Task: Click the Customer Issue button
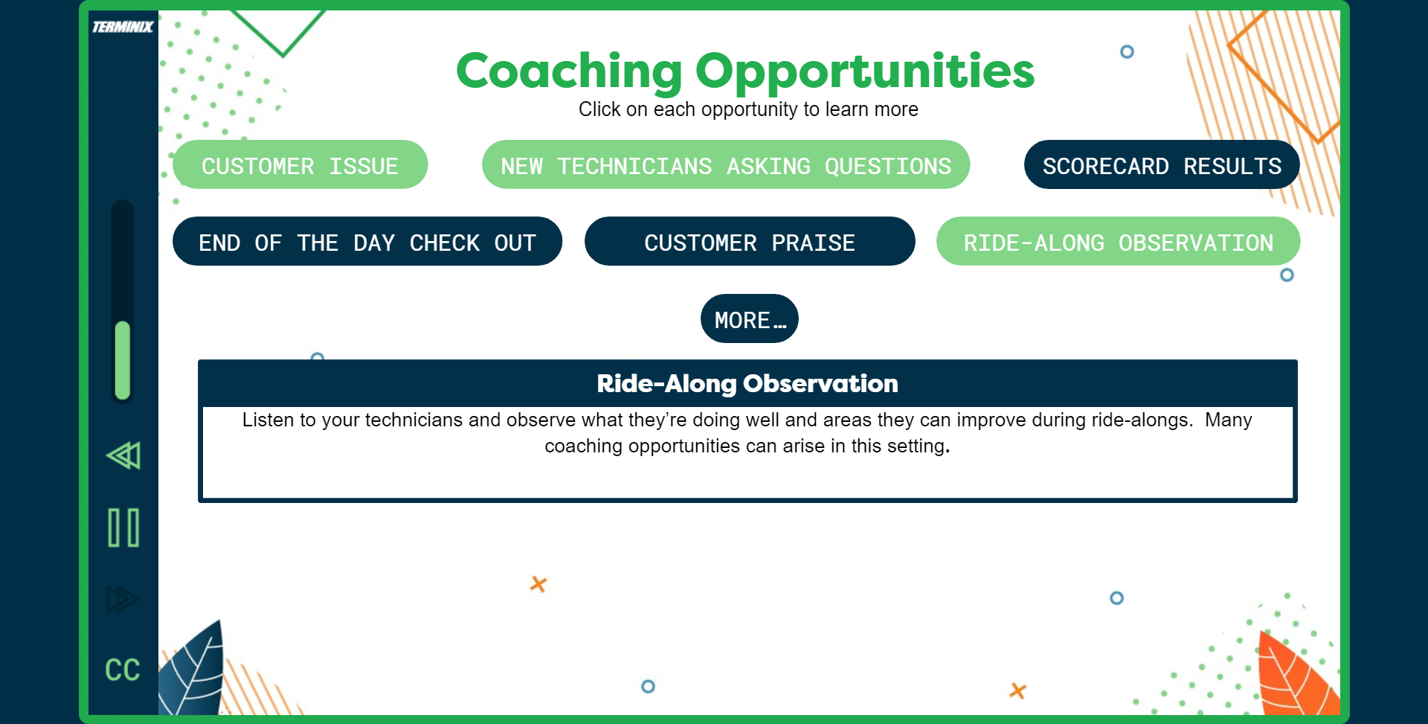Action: point(300,165)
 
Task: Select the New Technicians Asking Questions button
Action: point(725,165)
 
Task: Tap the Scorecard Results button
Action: point(1161,165)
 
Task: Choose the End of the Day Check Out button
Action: point(367,242)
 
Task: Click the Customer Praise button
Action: point(749,242)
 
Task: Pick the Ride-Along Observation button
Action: point(1118,242)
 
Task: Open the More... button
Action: point(749,319)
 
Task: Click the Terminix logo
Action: point(123,28)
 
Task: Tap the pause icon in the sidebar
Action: point(123,528)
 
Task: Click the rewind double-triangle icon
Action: point(123,455)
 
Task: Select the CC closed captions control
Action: point(123,670)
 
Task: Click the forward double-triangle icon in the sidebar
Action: point(122,599)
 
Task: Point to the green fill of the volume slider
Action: point(123,360)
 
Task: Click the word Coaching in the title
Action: point(569,71)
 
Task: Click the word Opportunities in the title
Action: point(864,71)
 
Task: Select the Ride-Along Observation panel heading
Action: point(747,384)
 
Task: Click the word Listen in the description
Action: point(268,420)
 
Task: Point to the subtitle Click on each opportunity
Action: point(748,109)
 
